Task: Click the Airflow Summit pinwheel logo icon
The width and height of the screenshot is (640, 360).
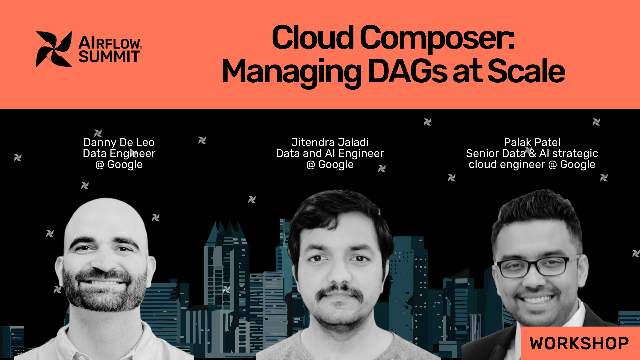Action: [x=54, y=49]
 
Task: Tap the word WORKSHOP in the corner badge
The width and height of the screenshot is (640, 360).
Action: [x=579, y=343]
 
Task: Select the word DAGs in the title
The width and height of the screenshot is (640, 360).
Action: [x=408, y=71]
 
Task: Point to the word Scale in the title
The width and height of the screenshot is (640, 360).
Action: [x=526, y=71]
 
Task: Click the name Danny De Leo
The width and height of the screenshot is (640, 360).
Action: [x=119, y=142]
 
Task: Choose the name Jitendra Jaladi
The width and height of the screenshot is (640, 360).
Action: [x=330, y=142]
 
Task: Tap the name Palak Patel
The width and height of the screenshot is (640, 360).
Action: [x=532, y=142]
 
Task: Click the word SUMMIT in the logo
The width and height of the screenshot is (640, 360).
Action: [x=109, y=57]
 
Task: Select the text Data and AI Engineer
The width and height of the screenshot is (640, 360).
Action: [x=330, y=153]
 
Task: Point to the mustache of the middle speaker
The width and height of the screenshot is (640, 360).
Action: [x=340, y=292]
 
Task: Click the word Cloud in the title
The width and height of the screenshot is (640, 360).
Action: [x=313, y=38]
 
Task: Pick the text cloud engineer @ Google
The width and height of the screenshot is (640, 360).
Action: [x=532, y=165]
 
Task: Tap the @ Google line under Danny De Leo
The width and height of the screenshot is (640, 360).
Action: [x=119, y=165]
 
